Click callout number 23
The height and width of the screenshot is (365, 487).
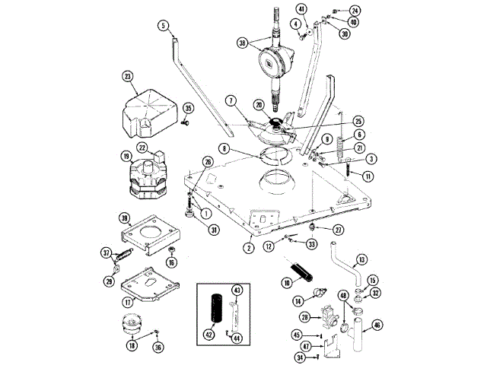(x=127, y=76)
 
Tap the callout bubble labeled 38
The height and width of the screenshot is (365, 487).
(x=242, y=43)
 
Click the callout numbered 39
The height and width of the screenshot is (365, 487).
(x=125, y=218)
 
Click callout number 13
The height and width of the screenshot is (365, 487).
(x=361, y=259)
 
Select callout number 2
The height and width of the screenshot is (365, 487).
(x=248, y=247)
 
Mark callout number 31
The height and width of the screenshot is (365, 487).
(x=215, y=230)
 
